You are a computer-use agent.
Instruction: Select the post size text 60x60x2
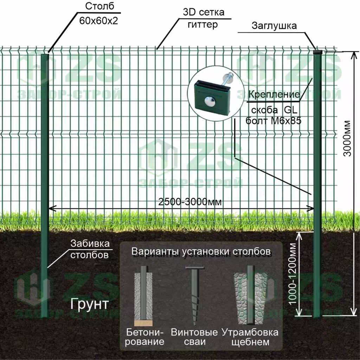pos(98,20)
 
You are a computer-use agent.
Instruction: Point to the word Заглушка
pos(274,26)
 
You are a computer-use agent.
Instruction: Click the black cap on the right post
pos(318,52)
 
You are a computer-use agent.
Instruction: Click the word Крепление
pos(274,95)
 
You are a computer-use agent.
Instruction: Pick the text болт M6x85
pos(273,121)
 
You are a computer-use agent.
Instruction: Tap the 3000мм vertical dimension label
pos(347,139)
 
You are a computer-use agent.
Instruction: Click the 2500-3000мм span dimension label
pos(190,202)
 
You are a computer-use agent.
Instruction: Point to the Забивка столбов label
pos(90,249)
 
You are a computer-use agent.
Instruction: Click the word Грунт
pos(89,304)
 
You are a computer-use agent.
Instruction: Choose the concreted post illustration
pos(143,295)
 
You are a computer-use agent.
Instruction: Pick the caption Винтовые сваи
pos(194,337)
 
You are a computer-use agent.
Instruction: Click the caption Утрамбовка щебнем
pos(250,337)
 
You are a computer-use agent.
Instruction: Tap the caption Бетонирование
pos(145,337)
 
